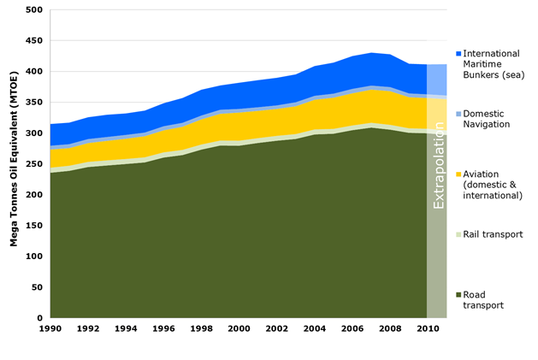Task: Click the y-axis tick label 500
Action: [x=33, y=10]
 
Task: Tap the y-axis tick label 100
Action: [x=33, y=257]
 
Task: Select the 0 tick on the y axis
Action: [x=39, y=318]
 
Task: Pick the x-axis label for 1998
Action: [x=202, y=329]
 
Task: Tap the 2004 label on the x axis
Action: [x=315, y=329]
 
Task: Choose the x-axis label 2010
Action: [x=428, y=329]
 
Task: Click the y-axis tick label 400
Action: [x=33, y=72]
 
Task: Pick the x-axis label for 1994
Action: [x=126, y=329]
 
